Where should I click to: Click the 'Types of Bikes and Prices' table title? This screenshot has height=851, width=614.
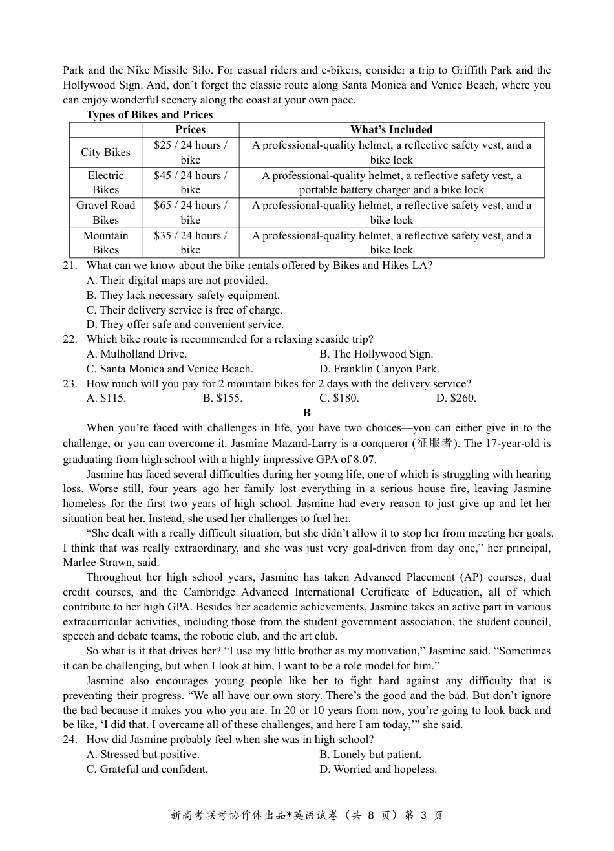coord(149,114)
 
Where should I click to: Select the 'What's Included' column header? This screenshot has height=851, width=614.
coord(391,130)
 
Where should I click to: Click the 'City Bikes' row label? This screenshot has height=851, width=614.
coord(105,153)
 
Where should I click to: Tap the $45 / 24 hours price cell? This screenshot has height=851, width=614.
coord(190,182)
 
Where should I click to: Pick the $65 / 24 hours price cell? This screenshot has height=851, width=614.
coord(190,212)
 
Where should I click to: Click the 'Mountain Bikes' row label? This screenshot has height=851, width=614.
coord(105,242)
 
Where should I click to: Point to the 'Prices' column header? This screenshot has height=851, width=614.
coord(190,130)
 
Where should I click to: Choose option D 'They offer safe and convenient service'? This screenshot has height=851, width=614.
coord(185,325)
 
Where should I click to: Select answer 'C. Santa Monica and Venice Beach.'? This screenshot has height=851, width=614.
coord(169,369)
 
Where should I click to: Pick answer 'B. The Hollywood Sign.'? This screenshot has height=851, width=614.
coord(376,354)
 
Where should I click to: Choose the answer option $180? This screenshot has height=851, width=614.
coord(339,398)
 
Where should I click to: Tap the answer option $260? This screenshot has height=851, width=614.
coord(456,398)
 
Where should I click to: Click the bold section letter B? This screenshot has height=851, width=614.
coord(307,413)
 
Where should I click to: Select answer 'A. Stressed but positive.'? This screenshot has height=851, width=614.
coord(143,755)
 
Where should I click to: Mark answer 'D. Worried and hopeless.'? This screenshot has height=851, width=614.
coord(378,770)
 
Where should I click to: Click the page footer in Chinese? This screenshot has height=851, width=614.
coord(307,815)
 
